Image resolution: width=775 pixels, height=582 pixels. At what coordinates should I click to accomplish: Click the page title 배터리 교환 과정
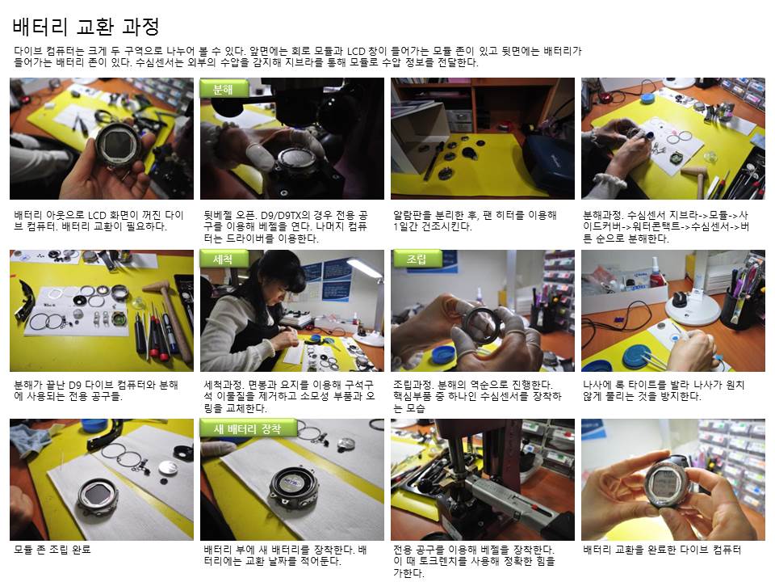[x=86, y=26]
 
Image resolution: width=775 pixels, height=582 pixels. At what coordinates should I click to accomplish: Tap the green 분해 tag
[x=224, y=89]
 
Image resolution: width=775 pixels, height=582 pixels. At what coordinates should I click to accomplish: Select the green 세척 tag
[x=224, y=259]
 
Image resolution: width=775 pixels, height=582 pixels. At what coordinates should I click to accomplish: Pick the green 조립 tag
[x=417, y=259]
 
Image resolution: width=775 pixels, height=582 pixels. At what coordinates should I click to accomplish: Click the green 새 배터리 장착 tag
[x=248, y=428]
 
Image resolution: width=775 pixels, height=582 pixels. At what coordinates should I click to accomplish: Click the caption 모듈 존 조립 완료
[x=52, y=550]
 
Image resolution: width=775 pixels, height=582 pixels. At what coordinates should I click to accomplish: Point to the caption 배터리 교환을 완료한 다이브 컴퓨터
[x=662, y=550]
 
